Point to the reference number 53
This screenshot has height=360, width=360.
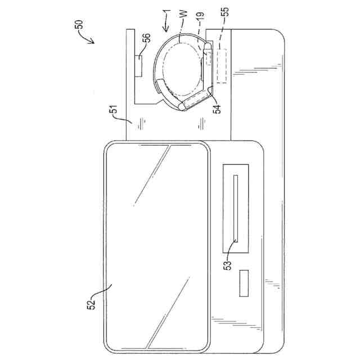[x=227, y=265]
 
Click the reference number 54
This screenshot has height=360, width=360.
[x=217, y=109]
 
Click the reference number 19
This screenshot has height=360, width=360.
[x=200, y=16]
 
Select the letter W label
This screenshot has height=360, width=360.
[x=184, y=13]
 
